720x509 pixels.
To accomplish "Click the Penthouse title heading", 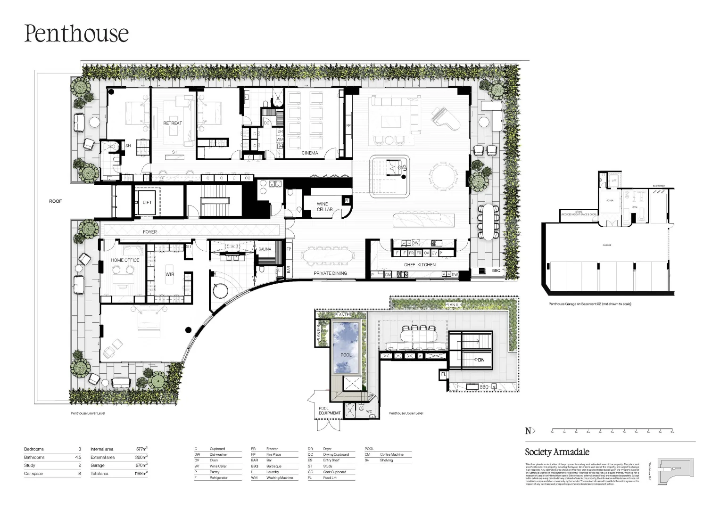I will (x=76, y=33).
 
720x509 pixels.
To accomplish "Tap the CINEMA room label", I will (x=310, y=153).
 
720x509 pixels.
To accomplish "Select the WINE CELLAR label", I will (x=324, y=207).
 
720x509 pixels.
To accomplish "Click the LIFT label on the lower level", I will (x=147, y=202).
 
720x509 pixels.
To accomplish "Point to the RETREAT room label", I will (x=173, y=123).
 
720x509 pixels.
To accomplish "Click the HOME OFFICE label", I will (x=125, y=260).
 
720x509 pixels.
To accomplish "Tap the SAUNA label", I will (x=265, y=249).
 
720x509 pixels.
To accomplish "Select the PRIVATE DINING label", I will (x=330, y=273).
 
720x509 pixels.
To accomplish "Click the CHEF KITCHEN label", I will (x=420, y=265).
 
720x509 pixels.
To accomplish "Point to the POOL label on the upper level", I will (x=346, y=354).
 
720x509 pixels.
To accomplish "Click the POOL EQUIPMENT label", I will (x=329, y=410).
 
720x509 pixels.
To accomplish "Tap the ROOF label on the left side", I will (x=55, y=201).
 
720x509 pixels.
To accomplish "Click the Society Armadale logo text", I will (x=557, y=452).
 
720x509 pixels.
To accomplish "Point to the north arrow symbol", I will (x=530, y=431).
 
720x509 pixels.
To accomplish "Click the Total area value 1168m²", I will (x=141, y=473).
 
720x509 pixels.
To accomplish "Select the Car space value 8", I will (x=79, y=473).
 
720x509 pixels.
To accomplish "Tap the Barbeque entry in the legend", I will (x=273, y=466).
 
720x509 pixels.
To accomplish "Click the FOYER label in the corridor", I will (x=150, y=232).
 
